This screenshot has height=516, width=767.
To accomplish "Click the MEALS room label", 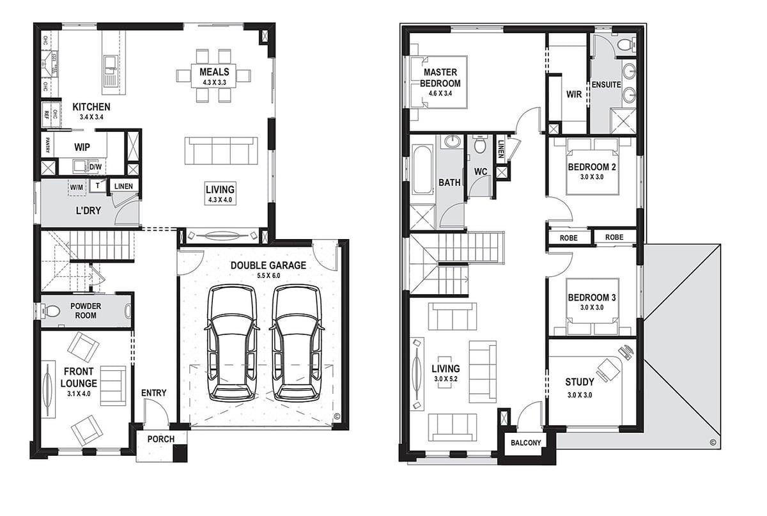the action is pos(214,72).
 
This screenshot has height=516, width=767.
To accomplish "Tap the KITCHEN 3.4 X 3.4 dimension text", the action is pos(91,117).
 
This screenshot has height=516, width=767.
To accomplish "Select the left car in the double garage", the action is pos(232,343).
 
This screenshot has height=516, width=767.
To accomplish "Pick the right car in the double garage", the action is pos(297,343).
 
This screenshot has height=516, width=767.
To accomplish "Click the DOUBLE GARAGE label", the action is pos(268,265).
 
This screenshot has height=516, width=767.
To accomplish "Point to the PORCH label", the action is pos(161,439).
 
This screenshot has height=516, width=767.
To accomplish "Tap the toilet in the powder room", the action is pos(50,311).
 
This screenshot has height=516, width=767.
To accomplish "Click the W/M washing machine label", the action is pos(76,187).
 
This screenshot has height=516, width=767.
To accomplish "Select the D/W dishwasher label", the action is pos(95,167).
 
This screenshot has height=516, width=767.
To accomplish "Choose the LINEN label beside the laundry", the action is pos(123,186).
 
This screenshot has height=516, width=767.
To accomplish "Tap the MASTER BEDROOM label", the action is pos(440,78).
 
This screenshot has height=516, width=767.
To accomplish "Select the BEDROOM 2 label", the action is pos(592,167).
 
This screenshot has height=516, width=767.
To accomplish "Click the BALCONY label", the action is pos(526,442).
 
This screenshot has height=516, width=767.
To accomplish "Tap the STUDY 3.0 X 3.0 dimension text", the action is pos(580,395).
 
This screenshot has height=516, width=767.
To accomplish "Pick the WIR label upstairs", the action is pos(574,94).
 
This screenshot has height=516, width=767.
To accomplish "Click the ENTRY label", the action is pos(154,393).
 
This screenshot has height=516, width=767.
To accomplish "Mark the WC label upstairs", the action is pos(481,171).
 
